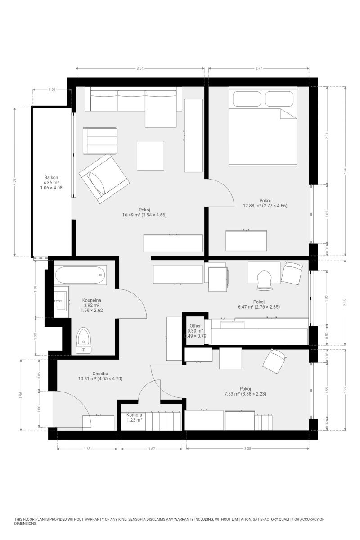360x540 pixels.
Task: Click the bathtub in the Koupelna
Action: (80, 275)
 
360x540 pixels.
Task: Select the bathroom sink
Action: (60, 301)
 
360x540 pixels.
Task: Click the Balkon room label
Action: (51, 178)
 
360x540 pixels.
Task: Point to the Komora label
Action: (134, 415)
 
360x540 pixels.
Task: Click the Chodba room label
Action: (100, 373)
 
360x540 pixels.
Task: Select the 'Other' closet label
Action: (195, 326)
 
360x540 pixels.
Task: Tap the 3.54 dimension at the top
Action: (140, 68)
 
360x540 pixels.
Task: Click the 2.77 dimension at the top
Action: (259, 68)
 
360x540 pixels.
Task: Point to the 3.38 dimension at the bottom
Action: (247, 449)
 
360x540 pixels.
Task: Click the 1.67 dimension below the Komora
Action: (152, 449)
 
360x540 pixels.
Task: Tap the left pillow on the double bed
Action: (247, 99)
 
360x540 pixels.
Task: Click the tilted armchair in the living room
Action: (104, 179)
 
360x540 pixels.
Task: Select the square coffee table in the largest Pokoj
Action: (150, 156)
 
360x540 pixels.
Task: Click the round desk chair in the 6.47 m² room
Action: (264, 280)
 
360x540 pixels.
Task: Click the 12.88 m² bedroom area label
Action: (265, 206)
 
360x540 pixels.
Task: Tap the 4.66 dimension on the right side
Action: (346, 171)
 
